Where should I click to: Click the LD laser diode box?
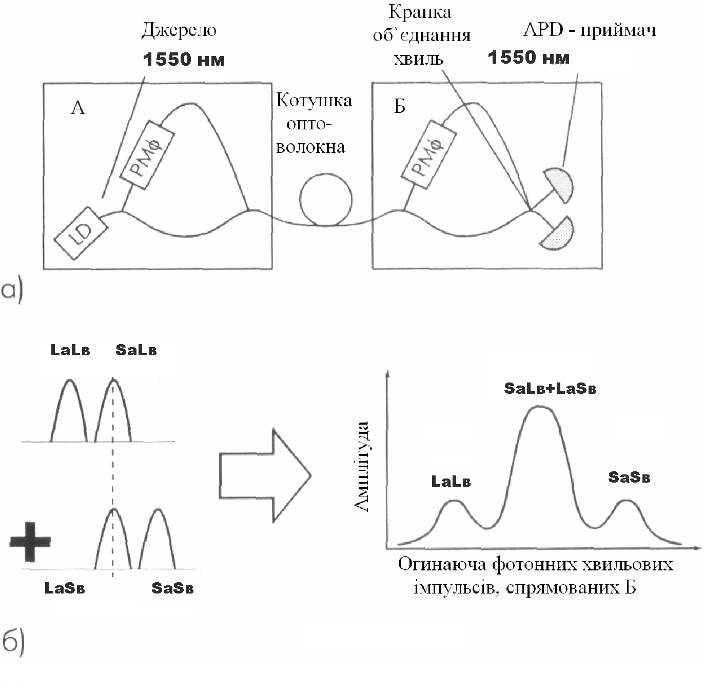tap(81, 233)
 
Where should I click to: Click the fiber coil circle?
tap(326, 200)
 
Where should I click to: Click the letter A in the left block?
tap(77, 108)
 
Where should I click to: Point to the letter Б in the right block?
tap(400, 106)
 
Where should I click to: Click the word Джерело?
tap(179, 30)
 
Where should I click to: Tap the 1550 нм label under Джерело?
tap(184, 60)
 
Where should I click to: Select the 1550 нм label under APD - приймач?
tap(529, 58)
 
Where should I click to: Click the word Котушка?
tap(314, 100)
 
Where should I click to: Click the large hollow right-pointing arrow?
tap(265, 475)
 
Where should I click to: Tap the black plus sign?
tap(30, 541)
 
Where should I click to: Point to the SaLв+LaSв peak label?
tap(550, 388)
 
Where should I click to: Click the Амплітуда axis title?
tap(362, 466)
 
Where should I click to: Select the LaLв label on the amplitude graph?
tap(451, 482)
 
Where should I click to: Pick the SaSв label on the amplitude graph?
tap(629, 477)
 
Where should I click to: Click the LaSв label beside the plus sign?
tap(65, 588)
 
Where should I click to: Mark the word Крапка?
tap(420, 12)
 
